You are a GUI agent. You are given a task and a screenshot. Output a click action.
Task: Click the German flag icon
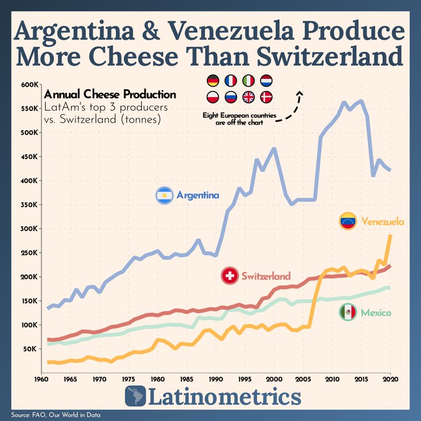point(213,81)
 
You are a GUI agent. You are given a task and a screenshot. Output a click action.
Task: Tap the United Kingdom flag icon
point(249,97)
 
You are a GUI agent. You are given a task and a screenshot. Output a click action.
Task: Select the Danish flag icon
point(266,97)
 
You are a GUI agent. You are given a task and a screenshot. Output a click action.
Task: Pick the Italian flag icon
point(249,81)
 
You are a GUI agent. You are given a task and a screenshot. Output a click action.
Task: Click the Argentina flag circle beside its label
point(164,196)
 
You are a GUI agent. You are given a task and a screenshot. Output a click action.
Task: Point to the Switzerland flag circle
point(230,276)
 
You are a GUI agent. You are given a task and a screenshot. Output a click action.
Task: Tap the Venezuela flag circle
point(348,221)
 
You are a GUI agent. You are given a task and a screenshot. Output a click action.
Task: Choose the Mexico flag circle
point(348,312)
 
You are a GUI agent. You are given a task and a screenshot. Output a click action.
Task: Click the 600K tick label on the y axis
point(30,85)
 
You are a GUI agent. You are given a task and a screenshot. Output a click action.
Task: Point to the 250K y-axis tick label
point(30,253)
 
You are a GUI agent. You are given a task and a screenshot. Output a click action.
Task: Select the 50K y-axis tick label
point(31,349)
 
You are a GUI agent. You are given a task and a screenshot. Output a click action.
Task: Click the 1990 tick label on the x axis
point(216,380)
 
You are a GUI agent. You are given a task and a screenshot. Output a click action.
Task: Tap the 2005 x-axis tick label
point(303,380)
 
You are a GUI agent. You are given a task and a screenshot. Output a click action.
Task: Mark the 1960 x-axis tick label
point(41,380)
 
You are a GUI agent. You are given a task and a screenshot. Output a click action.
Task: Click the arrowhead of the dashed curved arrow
point(300,93)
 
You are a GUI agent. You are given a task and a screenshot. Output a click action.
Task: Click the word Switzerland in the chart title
point(330,56)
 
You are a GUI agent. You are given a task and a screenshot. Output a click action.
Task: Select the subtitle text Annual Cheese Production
point(110,94)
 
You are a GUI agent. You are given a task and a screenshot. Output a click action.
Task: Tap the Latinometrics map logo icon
point(136,396)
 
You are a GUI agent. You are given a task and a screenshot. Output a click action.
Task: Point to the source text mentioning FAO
point(56,415)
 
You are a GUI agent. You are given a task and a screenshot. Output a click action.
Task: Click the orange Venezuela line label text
point(383,222)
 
